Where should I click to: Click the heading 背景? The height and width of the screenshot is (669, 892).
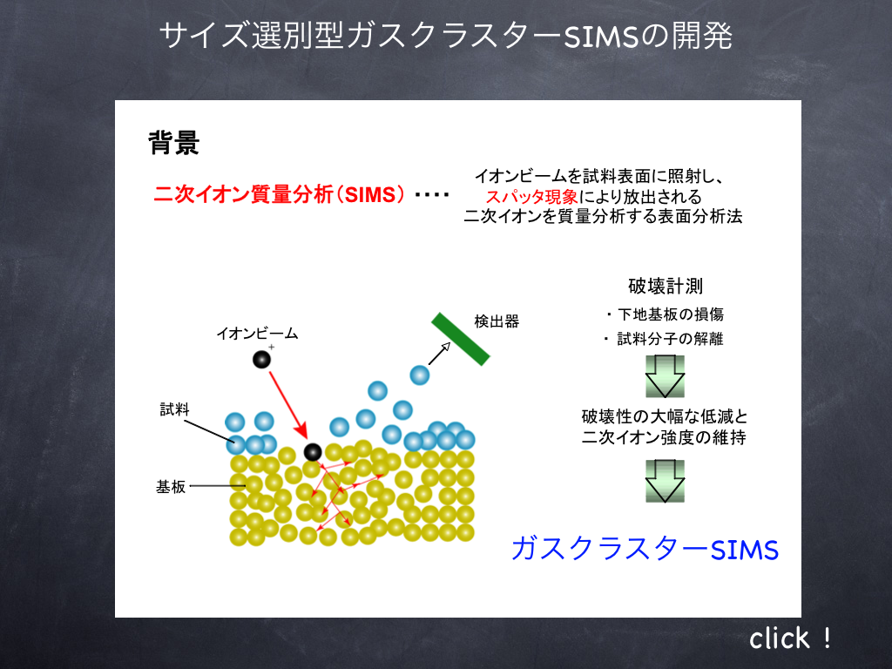click(173, 142)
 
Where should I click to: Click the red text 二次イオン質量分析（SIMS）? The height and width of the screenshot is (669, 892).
click(280, 195)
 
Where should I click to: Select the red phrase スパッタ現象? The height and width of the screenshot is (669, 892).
click(532, 197)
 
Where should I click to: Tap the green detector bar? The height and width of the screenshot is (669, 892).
click(460, 339)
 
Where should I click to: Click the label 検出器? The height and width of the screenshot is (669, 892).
click(497, 321)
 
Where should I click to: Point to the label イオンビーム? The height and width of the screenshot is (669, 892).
click(257, 334)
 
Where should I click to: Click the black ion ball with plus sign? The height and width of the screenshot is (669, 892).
click(261, 359)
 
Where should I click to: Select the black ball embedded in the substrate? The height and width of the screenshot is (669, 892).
click(313, 452)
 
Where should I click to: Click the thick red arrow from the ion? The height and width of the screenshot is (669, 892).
click(287, 406)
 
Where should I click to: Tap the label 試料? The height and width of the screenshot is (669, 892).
click(174, 409)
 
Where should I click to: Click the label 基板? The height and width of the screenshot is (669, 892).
click(171, 487)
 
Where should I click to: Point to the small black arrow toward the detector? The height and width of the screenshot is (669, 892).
click(439, 354)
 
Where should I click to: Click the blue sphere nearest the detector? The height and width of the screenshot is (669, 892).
click(420, 375)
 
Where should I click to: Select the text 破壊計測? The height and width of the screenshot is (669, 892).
click(666, 286)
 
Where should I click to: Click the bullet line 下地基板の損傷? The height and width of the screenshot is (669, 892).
click(666, 314)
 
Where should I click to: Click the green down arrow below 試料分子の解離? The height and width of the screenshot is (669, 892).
click(665, 376)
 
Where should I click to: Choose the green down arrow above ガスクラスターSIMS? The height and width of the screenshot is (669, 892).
click(665, 481)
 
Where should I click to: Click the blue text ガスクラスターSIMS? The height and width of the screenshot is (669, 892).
click(645, 549)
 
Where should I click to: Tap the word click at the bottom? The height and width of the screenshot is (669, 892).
click(780, 639)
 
